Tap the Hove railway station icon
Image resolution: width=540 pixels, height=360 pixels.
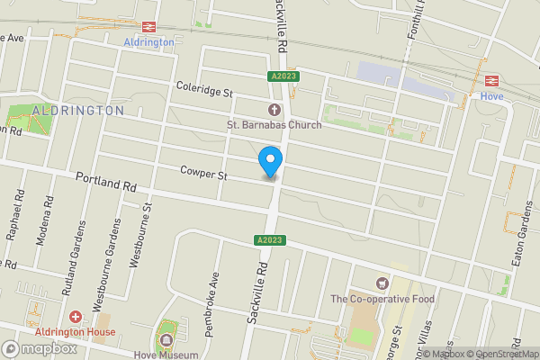[x=491, y=80]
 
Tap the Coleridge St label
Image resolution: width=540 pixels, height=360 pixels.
[x=204, y=91]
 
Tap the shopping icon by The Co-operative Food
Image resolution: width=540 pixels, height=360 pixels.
[x=382, y=283]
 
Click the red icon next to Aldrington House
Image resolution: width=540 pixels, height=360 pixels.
[x=75, y=316]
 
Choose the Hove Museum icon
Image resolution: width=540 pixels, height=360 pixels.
[x=166, y=340]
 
